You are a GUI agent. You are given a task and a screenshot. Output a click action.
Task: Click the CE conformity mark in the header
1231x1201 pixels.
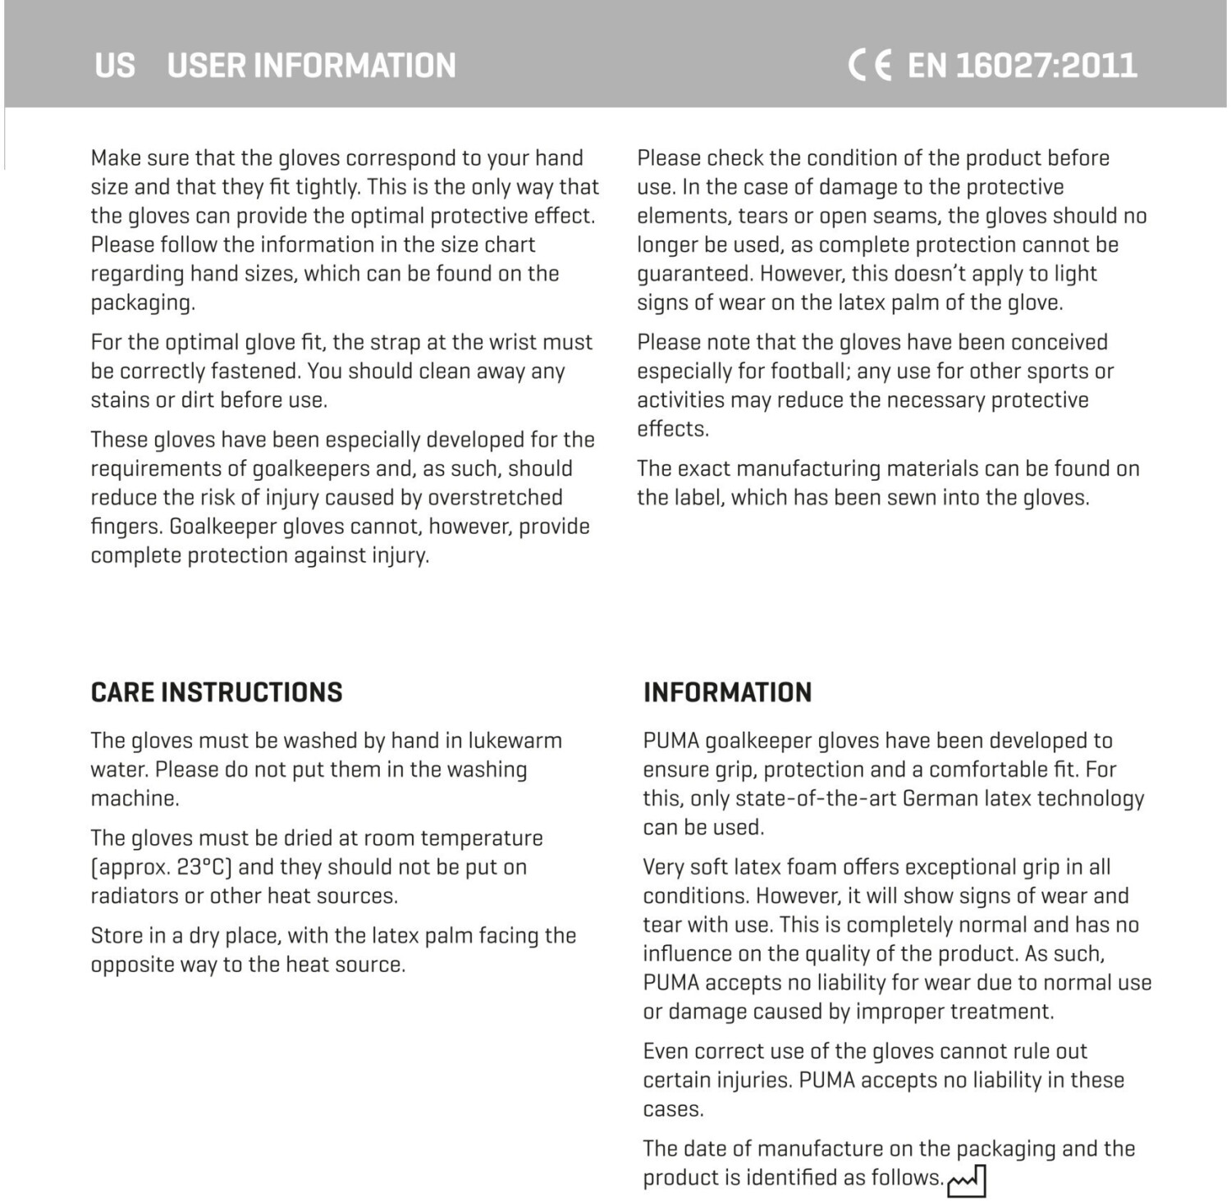pos(870,65)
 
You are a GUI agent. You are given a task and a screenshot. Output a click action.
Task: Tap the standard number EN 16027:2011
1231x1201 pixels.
pos(1022,65)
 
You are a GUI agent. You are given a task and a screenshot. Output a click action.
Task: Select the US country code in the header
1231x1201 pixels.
pos(114,66)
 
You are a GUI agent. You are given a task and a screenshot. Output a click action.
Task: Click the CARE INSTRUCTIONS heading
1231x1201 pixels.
pos(217,692)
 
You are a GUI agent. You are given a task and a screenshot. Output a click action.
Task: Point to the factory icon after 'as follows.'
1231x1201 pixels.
pos(967,1181)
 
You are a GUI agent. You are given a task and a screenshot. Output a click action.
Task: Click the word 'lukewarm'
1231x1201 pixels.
pos(515,741)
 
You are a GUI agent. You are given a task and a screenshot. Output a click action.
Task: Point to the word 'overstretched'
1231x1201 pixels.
pos(495,498)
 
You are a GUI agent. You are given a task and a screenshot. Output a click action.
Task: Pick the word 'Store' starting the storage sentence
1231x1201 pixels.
pos(117,936)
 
